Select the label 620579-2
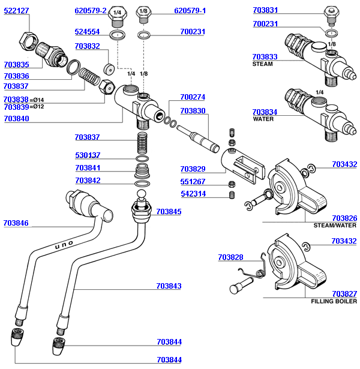coord(90,11)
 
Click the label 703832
coord(87,46)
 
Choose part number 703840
coord(16,119)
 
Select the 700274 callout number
coord(193,97)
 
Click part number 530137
coord(87,155)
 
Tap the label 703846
coord(16,223)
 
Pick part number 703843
coord(169,286)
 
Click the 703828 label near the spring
coord(230,257)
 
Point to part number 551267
coord(193,181)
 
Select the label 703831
coord(265,11)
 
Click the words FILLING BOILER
coord(334,301)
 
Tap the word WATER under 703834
coord(263,119)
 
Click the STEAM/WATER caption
coord(335,226)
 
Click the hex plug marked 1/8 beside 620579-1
coord(143,12)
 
